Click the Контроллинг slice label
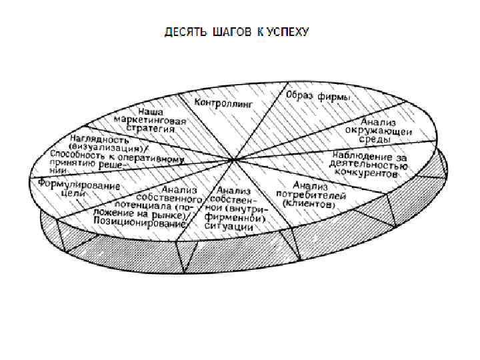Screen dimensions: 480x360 (219, 104)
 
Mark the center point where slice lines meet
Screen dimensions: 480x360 (232, 159)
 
